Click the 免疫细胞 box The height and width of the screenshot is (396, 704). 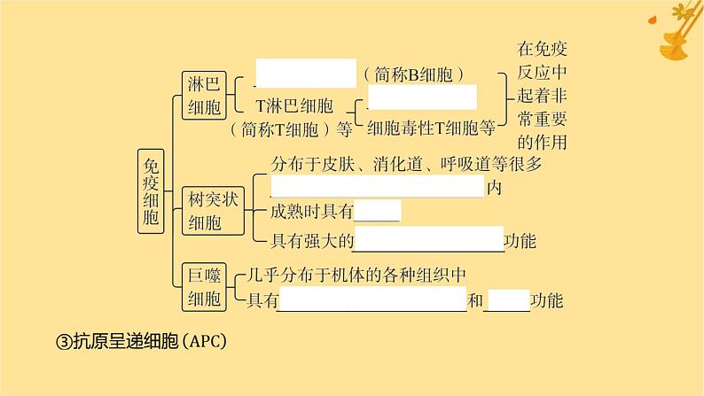coord(151,191)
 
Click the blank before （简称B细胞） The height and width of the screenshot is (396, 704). coord(305,73)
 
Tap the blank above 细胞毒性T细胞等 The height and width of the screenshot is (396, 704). coord(422,97)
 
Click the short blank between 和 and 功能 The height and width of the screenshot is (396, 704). coord(508,299)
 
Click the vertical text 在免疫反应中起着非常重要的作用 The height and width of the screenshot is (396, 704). coord(541,95)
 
